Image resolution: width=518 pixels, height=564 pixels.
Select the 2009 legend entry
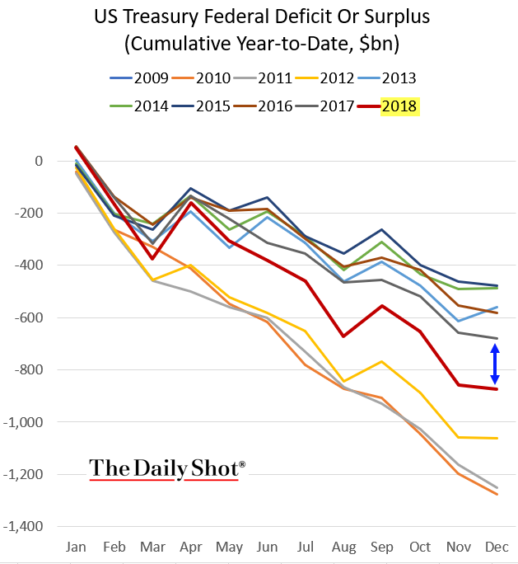(150, 78)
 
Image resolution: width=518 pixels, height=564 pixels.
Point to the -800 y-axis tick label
(40, 369)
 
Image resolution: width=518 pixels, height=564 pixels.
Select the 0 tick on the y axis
(50, 161)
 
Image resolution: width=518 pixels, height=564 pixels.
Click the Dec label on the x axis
(496, 548)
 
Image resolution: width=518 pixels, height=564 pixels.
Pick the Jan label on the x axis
(76, 548)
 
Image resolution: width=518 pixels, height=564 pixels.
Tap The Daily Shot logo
(167, 468)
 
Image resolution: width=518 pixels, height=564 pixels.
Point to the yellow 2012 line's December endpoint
(496, 438)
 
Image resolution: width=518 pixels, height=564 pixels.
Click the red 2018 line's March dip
(152, 259)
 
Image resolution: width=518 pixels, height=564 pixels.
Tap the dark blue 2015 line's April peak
(190, 189)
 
